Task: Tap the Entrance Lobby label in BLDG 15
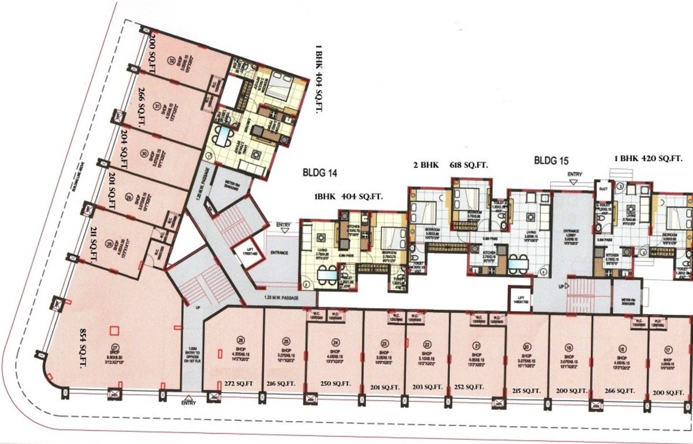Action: pyautogui.click(x=570, y=234)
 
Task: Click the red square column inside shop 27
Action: pyautogui.click(x=114, y=331)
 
